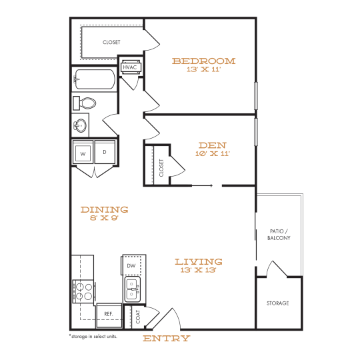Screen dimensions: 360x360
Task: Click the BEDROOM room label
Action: pos(203,61)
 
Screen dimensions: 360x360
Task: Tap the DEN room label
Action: pos(213,145)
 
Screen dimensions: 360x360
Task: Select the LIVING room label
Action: pos(199,262)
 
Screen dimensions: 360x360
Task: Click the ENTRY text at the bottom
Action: pos(167,338)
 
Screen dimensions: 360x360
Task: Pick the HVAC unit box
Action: pos(129,67)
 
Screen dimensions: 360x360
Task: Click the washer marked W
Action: pos(83,153)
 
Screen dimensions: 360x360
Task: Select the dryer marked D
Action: pos(105,153)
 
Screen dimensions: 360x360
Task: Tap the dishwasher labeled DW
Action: pos(131,266)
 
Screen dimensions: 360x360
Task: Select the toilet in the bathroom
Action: pos(86,103)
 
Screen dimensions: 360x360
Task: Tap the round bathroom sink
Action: pos(81,125)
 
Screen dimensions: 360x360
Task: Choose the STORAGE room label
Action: pos(278,303)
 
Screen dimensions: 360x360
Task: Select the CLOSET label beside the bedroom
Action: pos(111,42)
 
